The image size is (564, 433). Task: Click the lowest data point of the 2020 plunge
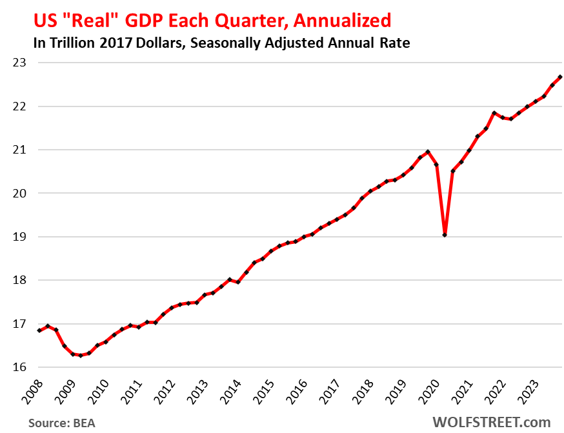click(x=445, y=234)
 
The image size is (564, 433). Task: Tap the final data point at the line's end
click(x=560, y=77)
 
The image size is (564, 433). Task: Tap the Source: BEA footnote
click(x=61, y=423)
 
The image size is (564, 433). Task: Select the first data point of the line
click(x=39, y=330)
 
